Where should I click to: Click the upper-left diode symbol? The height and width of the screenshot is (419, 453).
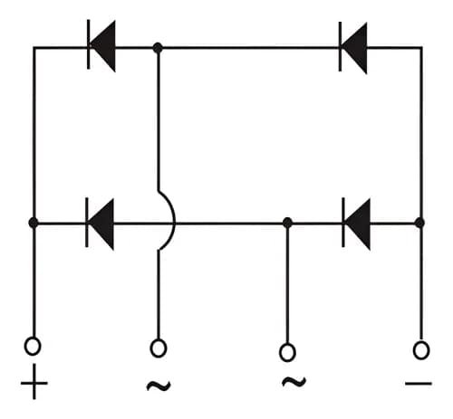point(102,46)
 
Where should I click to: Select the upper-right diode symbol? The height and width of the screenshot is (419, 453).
point(354,46)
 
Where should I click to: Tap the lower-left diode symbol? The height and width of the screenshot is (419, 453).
point(101,223)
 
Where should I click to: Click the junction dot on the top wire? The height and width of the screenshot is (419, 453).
point(159,46)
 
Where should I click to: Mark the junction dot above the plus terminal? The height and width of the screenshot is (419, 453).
point(34,223)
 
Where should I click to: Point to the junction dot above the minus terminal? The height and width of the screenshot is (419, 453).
point(419,223)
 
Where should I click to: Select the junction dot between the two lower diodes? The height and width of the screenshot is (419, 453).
point(287,223)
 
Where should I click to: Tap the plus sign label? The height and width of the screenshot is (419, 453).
point(34,386)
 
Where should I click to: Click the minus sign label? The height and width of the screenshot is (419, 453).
point(419,384)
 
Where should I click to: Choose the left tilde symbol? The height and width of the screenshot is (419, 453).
point(159,386)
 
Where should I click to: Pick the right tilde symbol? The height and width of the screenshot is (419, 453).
point(292,383)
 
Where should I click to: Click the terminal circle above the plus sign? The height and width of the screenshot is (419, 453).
point(33,345)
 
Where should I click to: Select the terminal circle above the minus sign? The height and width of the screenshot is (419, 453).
point(420,348)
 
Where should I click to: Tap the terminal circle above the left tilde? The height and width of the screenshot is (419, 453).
point(159,346)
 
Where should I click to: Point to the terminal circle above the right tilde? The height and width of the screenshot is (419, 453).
point(287,352)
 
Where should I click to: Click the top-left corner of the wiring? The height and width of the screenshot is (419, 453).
point(34,46)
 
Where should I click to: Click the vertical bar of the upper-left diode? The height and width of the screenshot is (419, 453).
point(90,46)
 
